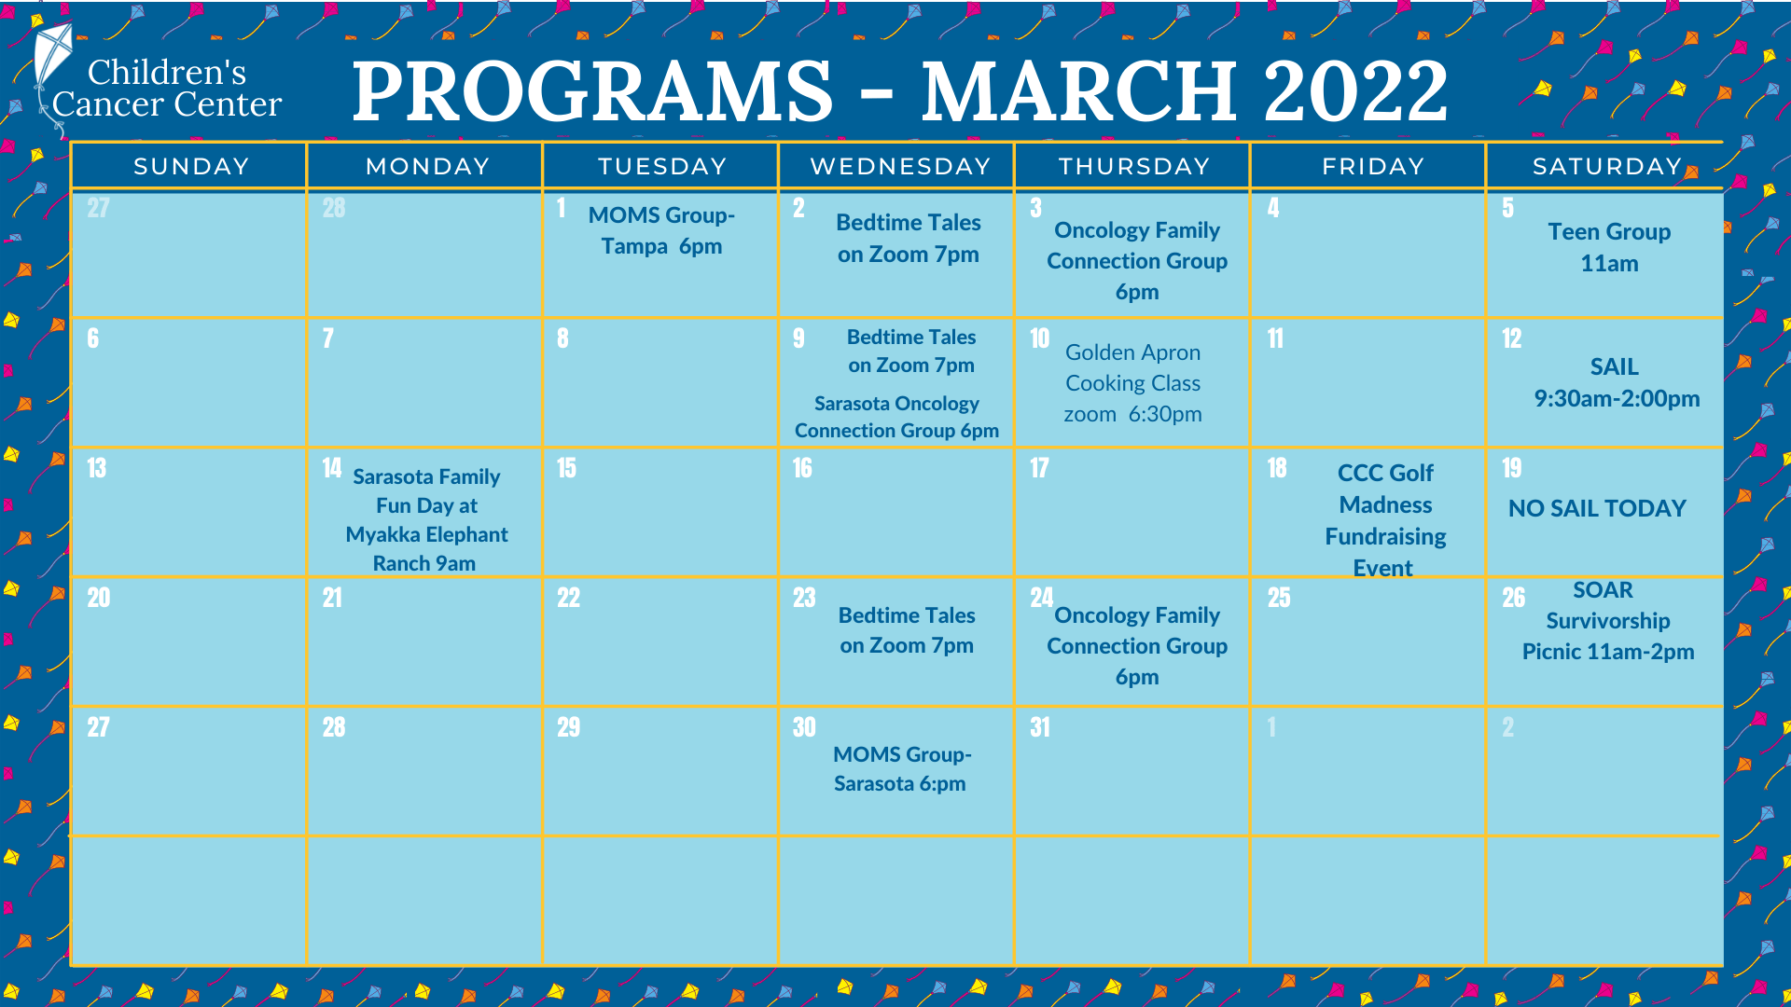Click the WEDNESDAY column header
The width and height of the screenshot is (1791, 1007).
click(899, 167)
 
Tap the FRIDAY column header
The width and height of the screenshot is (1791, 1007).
click(1372, 167)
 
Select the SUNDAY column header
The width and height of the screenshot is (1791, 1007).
click(191, 167)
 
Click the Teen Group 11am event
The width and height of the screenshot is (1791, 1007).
click(1608, 247)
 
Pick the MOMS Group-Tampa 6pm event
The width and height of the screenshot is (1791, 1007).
click(661, 230)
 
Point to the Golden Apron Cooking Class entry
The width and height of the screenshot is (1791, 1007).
click(1132, 383)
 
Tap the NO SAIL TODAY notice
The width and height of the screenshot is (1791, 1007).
click(1597, 508)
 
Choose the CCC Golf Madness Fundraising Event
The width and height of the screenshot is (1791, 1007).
click(1385, 519)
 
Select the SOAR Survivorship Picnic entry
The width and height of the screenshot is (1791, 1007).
click(1607, 621)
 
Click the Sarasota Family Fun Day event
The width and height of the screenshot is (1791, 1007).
click(426, 519)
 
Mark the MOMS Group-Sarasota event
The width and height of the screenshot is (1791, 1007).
click(901, 768)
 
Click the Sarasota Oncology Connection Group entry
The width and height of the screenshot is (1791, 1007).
click(896, 417)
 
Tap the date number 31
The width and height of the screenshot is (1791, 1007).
click(1040, 727)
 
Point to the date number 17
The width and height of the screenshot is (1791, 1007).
click(1039, 468)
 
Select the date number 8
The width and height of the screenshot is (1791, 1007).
click(562, 338)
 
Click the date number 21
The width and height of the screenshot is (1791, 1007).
click(332, 598)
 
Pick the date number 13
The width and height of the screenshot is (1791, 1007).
click(97, 468)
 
